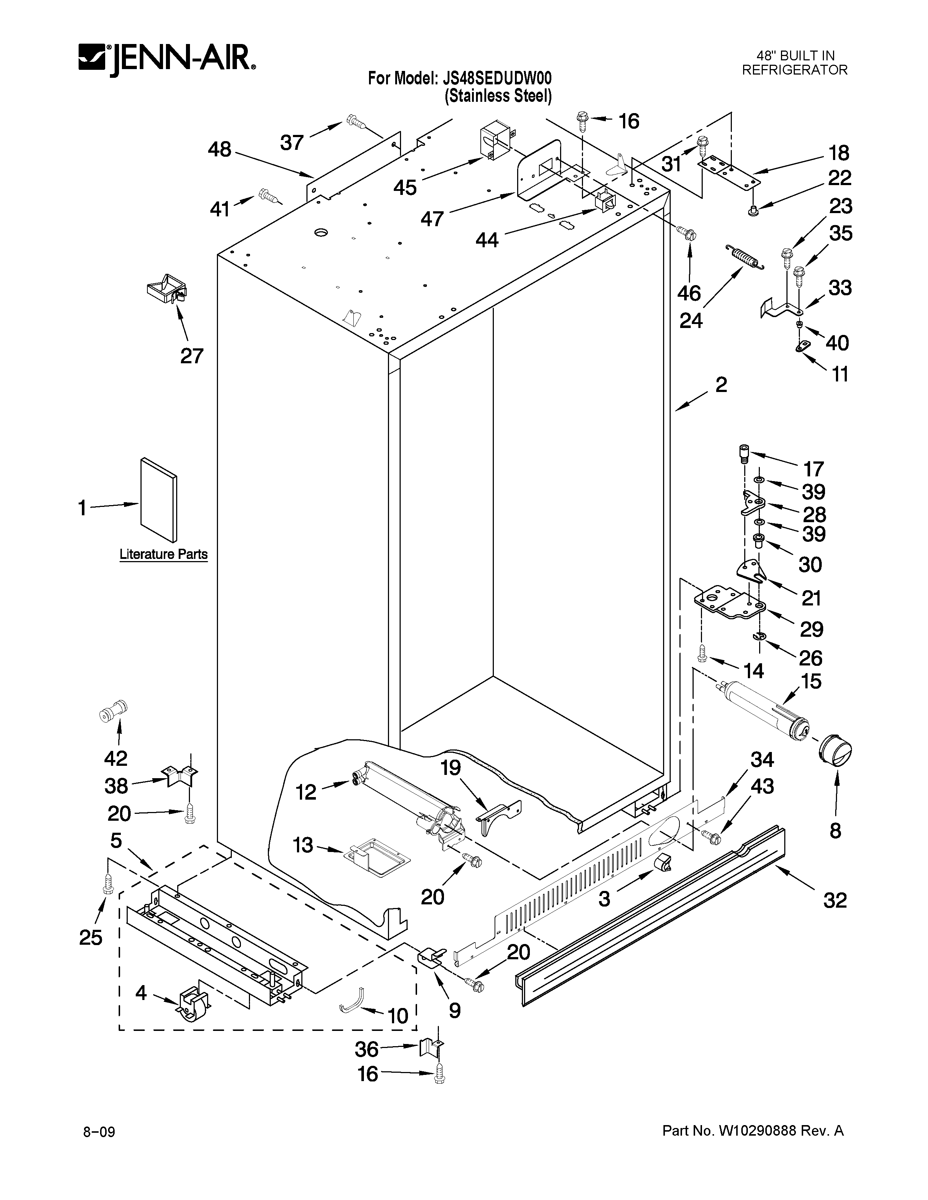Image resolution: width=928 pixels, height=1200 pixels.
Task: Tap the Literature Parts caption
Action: click(x=163, y=555)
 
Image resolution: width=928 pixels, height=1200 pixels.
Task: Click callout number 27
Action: click(x=192, y=356)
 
